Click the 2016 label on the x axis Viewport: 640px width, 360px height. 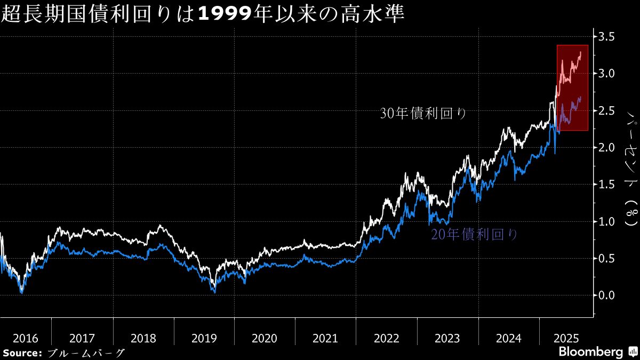[x=26, y=338]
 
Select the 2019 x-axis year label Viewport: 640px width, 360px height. [x=204, y=338]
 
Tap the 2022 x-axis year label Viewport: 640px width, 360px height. [x=386, y=338]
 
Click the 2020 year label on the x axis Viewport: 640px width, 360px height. [x=265, y=338]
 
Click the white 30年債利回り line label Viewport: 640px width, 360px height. [x=423, y=113]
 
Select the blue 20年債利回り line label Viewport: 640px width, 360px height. [x=474, y=235]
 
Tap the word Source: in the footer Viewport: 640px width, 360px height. [x=22, y=353]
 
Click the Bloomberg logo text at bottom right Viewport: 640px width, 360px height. [x=590, y=352]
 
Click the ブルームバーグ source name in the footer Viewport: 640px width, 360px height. [x=86, y=353]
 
